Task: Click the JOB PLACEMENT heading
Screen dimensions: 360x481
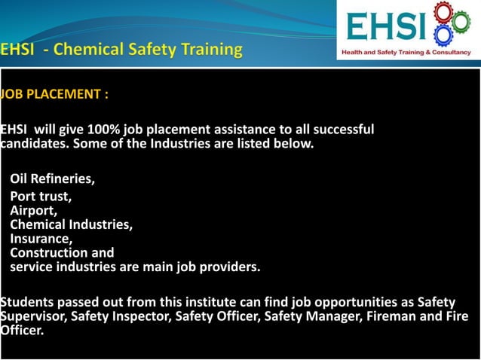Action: coord(54,95)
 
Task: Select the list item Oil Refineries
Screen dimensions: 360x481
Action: coord(53,179)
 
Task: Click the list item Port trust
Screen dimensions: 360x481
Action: coord(41,197)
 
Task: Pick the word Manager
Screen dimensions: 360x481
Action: coord(332,316)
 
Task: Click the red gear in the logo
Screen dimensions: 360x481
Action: coord(441,16)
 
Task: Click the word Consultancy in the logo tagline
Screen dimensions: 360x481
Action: coord(449,52)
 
